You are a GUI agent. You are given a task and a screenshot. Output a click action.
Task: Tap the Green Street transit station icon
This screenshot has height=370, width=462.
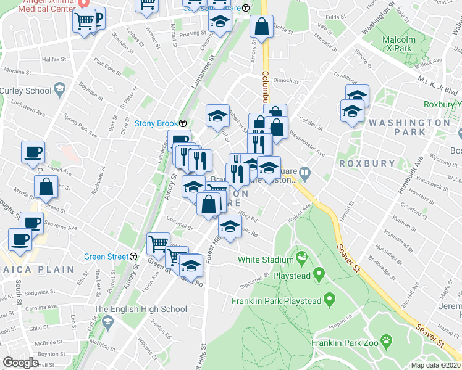(134, 257)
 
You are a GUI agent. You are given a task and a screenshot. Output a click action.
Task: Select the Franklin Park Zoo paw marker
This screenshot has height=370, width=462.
(387, 340)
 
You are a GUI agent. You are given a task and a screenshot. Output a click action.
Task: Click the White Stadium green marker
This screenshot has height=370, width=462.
(302, 256)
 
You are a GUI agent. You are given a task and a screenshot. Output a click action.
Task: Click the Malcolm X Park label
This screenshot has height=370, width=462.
(397, 43)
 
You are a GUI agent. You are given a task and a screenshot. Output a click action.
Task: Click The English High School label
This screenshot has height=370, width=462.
(140, 309)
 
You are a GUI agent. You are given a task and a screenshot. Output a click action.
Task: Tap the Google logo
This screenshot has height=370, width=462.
(20, 363)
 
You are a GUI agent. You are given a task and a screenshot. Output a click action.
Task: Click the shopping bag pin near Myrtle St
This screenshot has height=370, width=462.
(46, 187)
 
